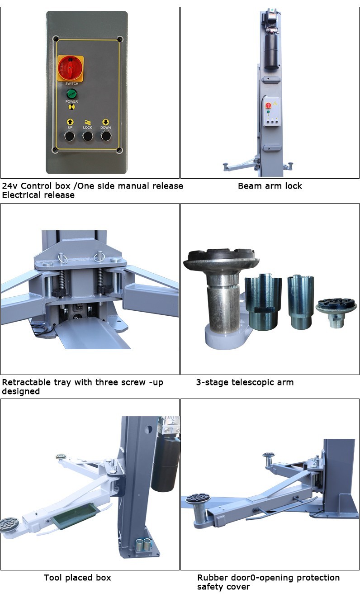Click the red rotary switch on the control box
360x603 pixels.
(71, 68)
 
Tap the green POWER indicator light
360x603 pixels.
(71, 95)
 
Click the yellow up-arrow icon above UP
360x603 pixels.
(70, 122)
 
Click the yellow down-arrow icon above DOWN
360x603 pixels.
(106, 122)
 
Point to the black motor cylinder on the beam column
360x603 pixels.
(271, 52)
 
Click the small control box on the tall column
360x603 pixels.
(272, 112)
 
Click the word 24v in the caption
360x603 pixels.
(10, 186)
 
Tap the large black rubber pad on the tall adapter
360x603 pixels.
(221, 257)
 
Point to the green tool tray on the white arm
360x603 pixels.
(75, 515)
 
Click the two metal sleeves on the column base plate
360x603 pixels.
(144, 544)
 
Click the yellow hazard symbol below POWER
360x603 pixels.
(71, 107)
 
